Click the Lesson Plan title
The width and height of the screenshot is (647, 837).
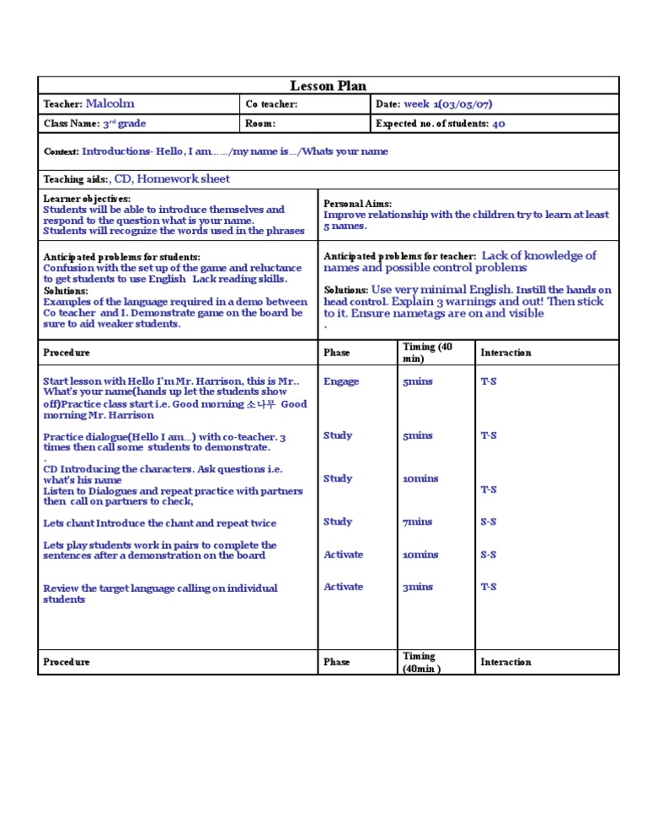(329, 86)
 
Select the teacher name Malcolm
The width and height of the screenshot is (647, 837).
(110, 104)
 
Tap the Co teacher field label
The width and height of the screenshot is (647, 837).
(271, 104)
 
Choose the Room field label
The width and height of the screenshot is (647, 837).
(260, 124)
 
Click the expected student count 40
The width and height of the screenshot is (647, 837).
(498, 124)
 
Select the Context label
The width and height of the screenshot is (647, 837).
(61, 152)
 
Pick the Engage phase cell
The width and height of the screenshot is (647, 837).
(341, 381)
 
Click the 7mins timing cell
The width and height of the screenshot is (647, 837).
(416, 522)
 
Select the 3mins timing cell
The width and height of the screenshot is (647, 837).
(417, 587)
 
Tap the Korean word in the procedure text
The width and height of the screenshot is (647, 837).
(260, 404)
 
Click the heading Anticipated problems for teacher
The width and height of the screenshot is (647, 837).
(399, 256)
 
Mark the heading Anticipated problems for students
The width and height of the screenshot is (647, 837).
(121, 256)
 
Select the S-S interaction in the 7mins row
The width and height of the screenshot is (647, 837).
(488, 522)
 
